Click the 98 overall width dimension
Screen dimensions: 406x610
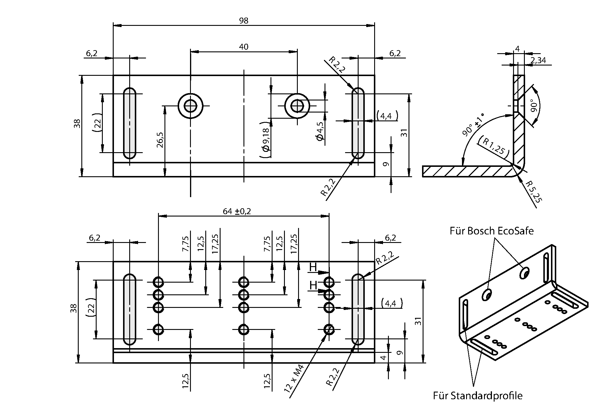click(x=243, y=21)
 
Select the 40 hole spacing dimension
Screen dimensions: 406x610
click(x=243, y=47)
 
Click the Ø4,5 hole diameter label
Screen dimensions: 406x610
click(x=320, y=134)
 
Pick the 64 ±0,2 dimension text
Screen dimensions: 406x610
click(x=237, y=211)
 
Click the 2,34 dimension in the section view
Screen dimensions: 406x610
click(x=538, y=60)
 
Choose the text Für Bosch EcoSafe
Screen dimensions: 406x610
click(x=491, y=231)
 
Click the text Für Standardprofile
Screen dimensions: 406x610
click(x=478, y=396)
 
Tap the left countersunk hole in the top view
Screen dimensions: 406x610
click(x=191, y=106)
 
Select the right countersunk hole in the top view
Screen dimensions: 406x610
click(x=297, y=106)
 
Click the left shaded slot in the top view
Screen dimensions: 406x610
click(x=130, y=123)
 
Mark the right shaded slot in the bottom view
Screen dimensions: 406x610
click(x=358, y=309)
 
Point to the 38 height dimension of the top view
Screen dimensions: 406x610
click(x=77, y=123)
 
